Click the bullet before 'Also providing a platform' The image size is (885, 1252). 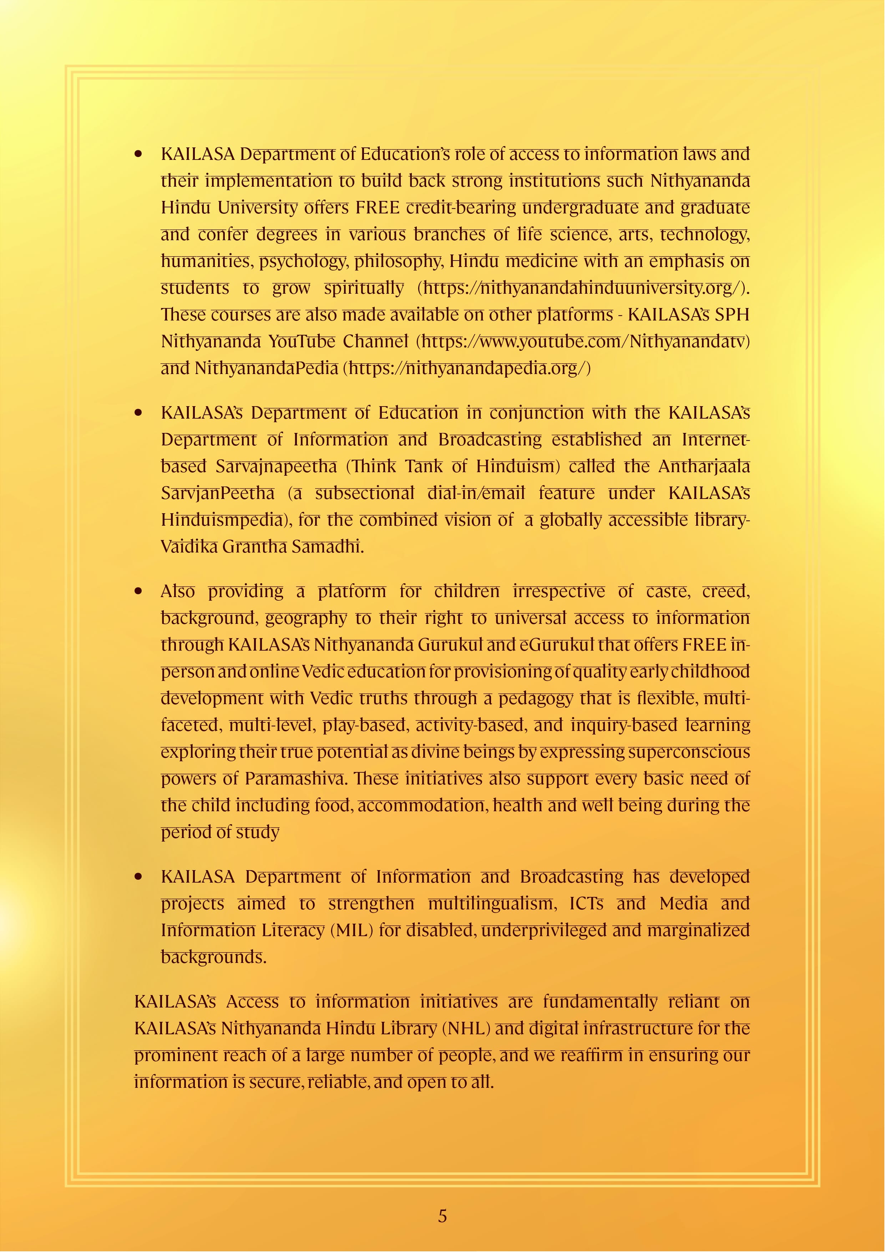[x=138, y=591]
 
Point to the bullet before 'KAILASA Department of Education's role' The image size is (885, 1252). [x=138, y=154]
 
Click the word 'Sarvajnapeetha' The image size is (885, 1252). [x=276, y=466]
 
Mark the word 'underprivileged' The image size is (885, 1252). [x=543, y=930]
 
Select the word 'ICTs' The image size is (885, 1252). [x=586, y=904]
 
